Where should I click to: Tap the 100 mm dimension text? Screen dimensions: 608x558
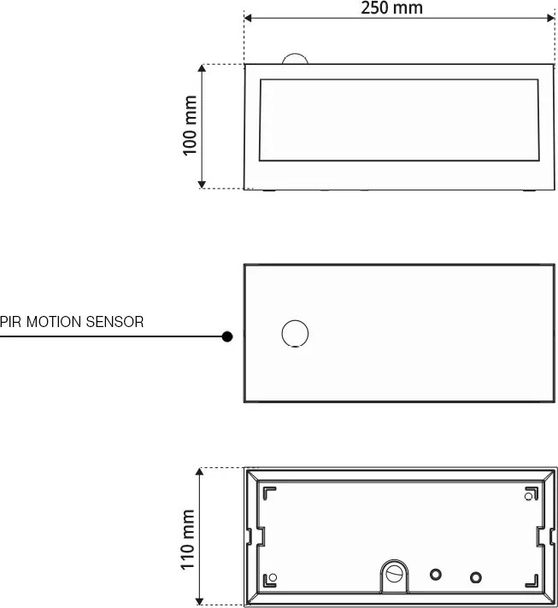(190, 125)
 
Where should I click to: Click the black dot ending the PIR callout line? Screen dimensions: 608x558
(227, 336)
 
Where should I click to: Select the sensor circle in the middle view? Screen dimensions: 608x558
(295, 334)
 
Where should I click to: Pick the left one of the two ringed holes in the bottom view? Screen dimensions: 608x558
(436, 575)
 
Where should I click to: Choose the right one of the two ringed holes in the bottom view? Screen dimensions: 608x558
(476, 578)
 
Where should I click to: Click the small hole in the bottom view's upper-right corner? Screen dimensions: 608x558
(527, 496)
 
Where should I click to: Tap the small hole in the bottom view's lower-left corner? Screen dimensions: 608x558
(273, 577)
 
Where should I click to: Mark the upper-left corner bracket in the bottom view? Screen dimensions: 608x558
(269, 494)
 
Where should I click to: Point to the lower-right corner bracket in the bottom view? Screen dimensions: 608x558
(532, 580)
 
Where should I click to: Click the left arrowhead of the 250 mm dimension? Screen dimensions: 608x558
(247, 18)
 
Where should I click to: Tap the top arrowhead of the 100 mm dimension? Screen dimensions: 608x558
(202, 67)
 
